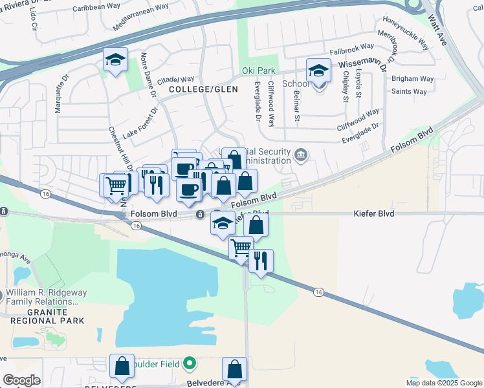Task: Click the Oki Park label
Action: [258, 70]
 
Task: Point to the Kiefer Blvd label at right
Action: [374, 213]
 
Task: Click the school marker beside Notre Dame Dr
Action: [115, 62]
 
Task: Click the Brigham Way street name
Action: [412, 79]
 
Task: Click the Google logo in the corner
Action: [21, 380]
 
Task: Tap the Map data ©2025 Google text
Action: [443, 383]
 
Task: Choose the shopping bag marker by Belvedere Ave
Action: [234, 370]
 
